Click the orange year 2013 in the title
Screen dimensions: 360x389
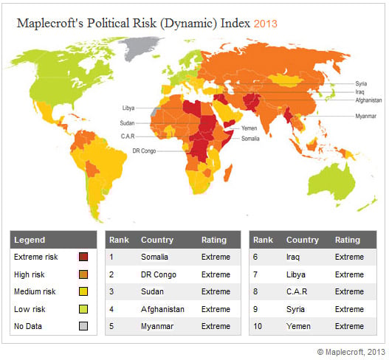265,24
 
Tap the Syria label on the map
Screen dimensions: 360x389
361,83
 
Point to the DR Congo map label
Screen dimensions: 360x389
144,150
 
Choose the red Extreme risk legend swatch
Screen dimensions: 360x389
83,257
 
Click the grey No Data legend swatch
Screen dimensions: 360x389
83,326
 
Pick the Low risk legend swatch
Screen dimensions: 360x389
83,309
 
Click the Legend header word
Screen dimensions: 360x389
30,240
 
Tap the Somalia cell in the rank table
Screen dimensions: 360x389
154,257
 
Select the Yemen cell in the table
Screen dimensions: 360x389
297,326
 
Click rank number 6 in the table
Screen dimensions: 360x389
256,257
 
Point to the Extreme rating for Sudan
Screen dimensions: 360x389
216,291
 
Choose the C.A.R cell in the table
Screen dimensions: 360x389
298,291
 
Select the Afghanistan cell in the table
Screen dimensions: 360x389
162,309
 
